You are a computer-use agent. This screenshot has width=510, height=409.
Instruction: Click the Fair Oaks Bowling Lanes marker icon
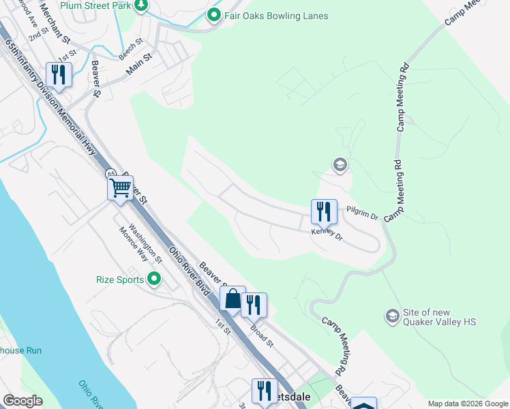tap(214, 15)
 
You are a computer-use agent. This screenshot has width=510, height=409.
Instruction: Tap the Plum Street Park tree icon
tap(141, 5)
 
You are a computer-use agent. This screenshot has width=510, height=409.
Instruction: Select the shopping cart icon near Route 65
tap(121, 187)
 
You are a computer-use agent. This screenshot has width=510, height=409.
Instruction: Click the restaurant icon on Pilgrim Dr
tap(324, 211)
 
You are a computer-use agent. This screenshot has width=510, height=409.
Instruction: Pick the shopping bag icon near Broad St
tap(232, 298)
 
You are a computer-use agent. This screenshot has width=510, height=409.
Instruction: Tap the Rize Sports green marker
tap(154, 279)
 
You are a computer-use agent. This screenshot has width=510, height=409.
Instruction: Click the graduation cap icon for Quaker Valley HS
tap(392, 316)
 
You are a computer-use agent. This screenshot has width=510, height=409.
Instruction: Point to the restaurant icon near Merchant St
tap(58, 74)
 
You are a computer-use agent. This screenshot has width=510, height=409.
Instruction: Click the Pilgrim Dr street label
tap(361, 213)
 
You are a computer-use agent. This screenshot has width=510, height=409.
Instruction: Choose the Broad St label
tap(261, 333)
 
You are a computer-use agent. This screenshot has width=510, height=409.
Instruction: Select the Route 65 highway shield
tap(110, 173)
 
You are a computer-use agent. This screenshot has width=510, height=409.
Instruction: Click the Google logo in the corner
tap(22, 401)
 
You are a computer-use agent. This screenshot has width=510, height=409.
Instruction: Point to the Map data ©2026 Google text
tap(468, 404)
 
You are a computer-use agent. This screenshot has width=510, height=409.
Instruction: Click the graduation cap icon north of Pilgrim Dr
tap(340, 164)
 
